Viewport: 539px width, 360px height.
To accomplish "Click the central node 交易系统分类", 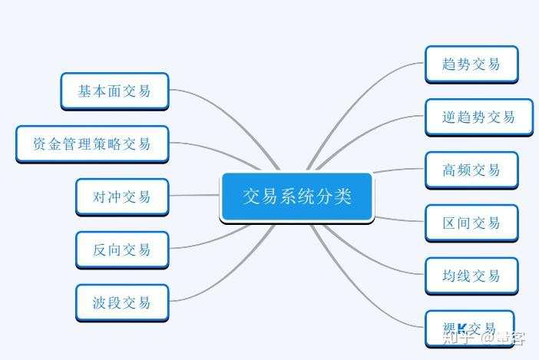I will pyautogui.click(x=296, y=197).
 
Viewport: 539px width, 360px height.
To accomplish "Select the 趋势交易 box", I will pyautogui.click(x=471, y=64).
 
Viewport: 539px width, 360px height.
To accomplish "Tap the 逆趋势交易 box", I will pyautogui.click(x=478, y=117).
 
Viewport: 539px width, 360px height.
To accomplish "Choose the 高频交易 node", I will pyautogui.click(x=471, y=170).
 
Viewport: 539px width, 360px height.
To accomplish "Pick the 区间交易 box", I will pyautogui.click(x=471, y=223).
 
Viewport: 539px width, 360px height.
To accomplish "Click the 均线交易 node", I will pyautogui.click(x=471, y=276).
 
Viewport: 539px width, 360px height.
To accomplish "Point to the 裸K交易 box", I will pyautogui.click(x=469, y=329).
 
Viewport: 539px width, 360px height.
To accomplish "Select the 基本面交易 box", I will pyautogui.click(x=114, y=91).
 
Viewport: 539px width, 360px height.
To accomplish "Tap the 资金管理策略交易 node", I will pyautogui.click(x=92, y=144).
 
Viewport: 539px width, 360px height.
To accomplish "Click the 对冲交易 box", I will pyautogui.click(x=121, y=197).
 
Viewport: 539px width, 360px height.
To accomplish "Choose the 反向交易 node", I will pyautogui.click(x=121, y=249).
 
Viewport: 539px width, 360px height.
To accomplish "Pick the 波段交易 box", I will pyautogui.click(x=121, y=302).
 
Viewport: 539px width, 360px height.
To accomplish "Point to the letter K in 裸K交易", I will pyautogui.click(x=463, y=329).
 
